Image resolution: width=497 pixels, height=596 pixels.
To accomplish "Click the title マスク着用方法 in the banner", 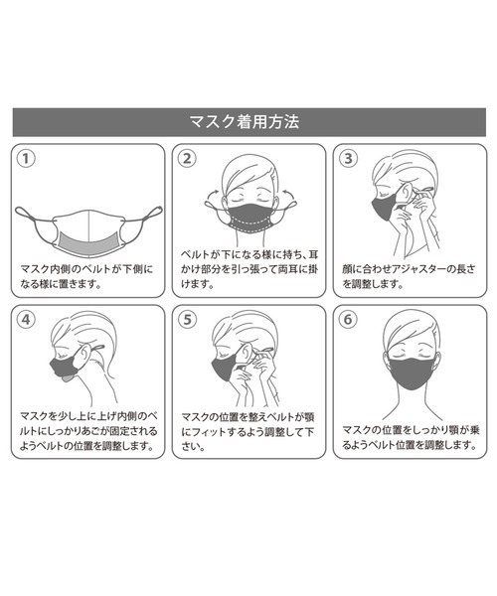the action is [245, 122].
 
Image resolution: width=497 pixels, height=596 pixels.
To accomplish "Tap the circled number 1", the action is [26, 159].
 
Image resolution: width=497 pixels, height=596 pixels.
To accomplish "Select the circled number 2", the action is [187, 159].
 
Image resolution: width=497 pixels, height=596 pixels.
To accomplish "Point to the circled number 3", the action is [348, 159].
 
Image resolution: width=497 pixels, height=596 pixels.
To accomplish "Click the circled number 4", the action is [26, 319].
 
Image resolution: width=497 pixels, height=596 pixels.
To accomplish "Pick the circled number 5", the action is [187, 319].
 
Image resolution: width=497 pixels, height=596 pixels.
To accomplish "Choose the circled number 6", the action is [348, 319].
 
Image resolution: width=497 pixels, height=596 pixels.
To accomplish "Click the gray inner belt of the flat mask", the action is [88, 241].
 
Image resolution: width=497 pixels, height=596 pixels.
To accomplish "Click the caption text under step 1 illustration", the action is [86, 277].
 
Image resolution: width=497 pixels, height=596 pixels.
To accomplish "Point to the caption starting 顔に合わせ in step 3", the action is [409, 277].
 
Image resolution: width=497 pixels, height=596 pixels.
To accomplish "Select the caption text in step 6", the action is [412, 437].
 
